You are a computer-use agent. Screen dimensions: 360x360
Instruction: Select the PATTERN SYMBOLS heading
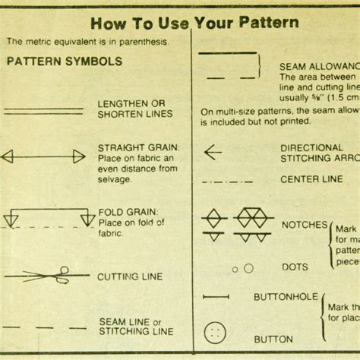[x=65, y=62]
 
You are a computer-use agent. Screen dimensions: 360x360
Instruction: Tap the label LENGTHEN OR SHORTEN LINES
[x=134, y=109]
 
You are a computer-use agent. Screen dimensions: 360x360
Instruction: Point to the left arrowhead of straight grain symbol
[x=8, y=157]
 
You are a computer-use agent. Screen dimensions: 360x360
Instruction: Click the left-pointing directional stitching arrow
[x=212, y=152]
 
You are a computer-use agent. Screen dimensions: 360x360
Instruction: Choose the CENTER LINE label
[x=311, y=180]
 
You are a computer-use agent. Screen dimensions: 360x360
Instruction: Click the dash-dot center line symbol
[x=227, y=182]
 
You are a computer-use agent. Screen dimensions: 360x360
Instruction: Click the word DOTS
[x=295, y=267]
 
